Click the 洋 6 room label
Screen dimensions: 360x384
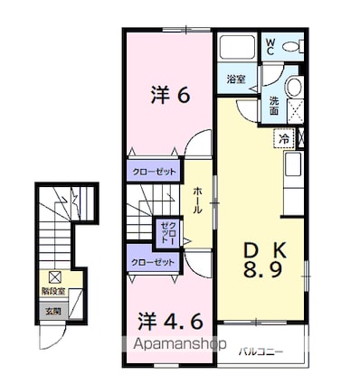171,95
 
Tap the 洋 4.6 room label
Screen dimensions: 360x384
170,321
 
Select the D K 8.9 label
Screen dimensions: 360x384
263,260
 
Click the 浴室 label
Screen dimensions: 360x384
236,80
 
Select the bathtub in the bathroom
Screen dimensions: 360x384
237,48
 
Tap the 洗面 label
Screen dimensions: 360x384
274,106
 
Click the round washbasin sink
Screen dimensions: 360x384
294,88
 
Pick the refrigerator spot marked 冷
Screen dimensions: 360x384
284,139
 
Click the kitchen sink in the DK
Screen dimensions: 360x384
293,164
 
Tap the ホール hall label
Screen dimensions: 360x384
197,200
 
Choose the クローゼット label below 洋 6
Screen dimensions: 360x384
154,172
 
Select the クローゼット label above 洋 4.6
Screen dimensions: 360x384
153,262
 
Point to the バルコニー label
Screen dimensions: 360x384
261,351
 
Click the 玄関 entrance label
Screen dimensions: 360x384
53,311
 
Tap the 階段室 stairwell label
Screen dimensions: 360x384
53,292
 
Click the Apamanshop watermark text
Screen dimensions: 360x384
180,343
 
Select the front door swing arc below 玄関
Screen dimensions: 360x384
59,342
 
